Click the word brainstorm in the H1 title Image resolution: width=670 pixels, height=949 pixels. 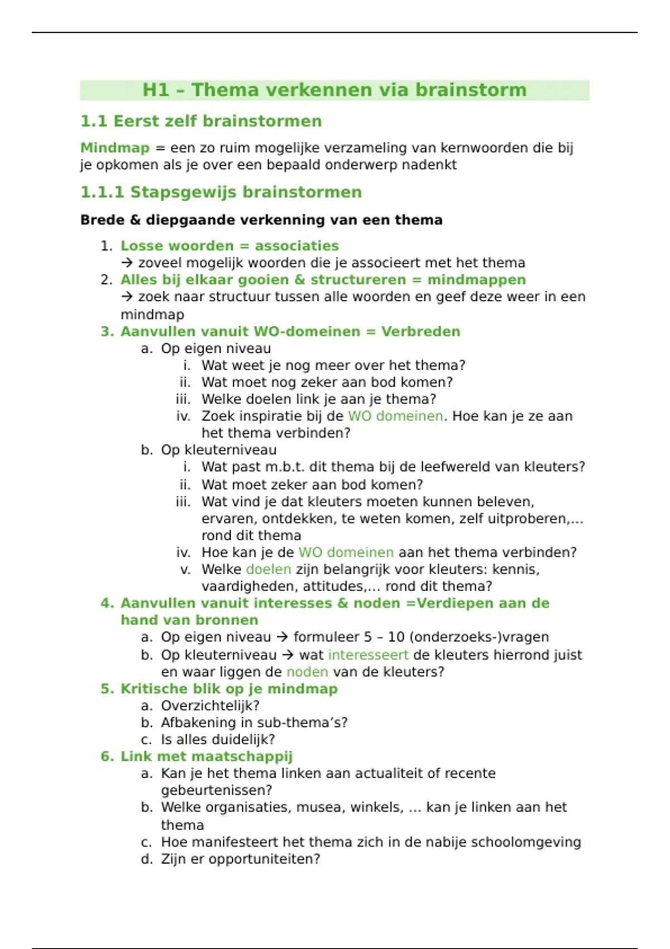click(471, 90)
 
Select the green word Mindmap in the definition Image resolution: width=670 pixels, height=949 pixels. click(115, 148)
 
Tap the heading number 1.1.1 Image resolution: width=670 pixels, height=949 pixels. click(102, 192)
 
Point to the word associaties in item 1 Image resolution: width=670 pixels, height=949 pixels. click(296, 246)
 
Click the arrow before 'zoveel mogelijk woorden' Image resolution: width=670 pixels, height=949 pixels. click(127, 263)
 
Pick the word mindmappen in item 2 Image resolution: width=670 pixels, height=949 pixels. click(476, 280)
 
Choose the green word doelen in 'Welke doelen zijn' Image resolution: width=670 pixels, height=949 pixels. click(268, 569)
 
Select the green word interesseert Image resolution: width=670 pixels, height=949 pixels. click(368, 655)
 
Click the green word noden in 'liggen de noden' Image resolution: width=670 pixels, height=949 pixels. click(307, 672)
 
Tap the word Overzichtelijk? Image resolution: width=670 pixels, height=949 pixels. click(210, 706)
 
